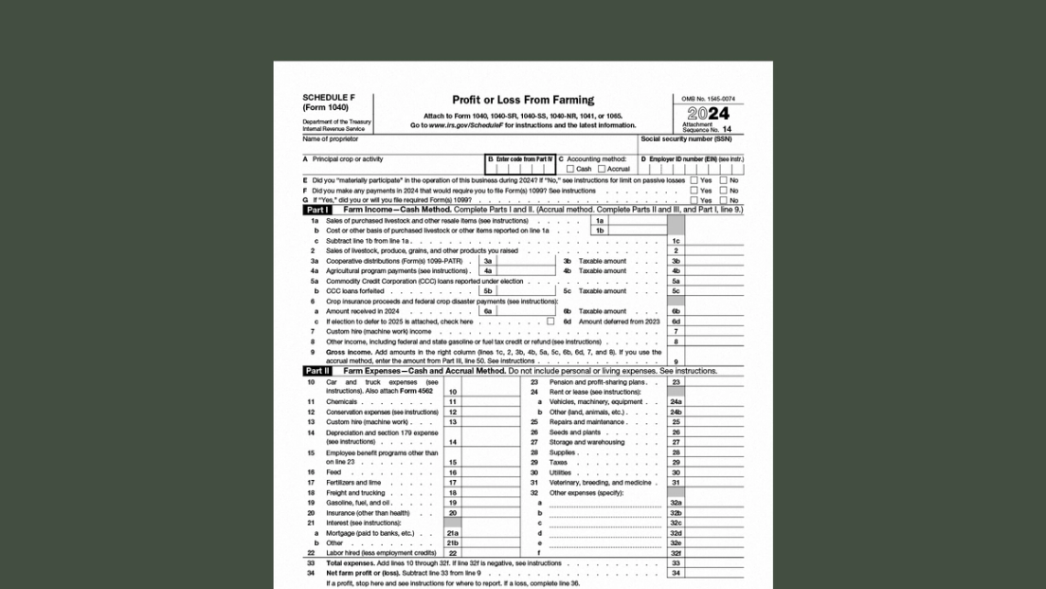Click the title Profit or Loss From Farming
point(523,100)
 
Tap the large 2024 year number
point(707,115)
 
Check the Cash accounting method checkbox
point(570,169)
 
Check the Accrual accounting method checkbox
point(602,169)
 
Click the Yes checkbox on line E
point(694,179)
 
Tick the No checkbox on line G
point(723,200)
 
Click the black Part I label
point(317,210)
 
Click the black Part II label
point(317,371)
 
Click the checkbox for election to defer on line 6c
point(550,322)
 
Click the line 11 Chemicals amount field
point(491,402)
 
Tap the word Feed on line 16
point(334,472)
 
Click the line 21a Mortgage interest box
point(491,533)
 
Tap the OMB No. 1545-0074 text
point(707,99)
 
